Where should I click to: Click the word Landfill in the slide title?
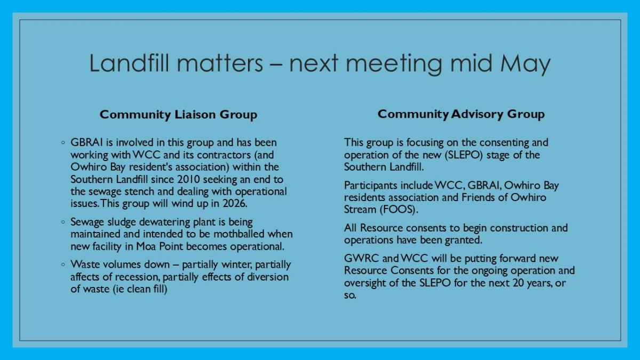click(129, 63)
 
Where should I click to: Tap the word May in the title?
click(525, 65)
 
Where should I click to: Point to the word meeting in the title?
click(394, 65)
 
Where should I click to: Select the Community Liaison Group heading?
click(178, 115)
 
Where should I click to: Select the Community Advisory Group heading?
click(461, 114)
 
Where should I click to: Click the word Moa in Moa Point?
click(146, 246)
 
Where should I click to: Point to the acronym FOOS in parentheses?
click(398, 210)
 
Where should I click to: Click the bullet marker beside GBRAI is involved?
click(63, 142)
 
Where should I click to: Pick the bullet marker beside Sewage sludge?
click(63, 222)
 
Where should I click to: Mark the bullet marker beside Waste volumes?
click(63, 265)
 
